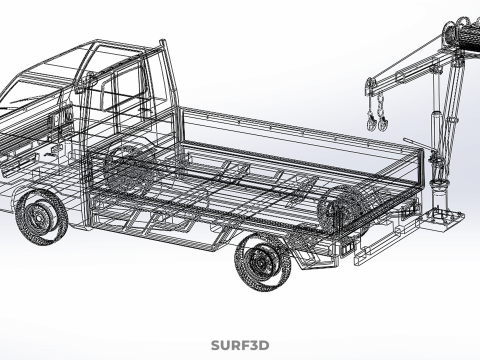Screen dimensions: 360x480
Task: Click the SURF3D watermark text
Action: tap(240, 346)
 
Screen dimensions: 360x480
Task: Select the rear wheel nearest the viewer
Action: tap(262, 263)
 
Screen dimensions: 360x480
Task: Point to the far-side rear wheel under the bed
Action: tap(340, 210)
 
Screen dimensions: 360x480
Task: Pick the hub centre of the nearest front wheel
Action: tap(41, 216)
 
